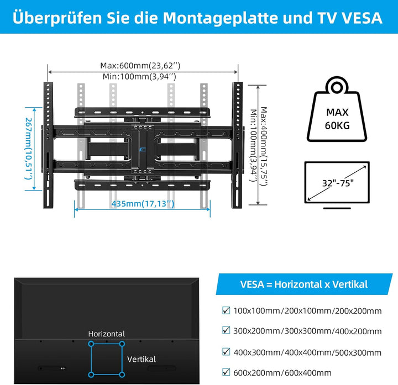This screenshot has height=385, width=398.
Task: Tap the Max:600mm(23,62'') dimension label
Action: click(x=140, y=66)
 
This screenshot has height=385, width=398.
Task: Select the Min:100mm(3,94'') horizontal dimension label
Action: click(x=139, y=76)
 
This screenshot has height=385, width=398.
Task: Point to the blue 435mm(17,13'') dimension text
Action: click(x=143, y=204)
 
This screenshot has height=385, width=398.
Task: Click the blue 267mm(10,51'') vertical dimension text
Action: click(x=29, y=149)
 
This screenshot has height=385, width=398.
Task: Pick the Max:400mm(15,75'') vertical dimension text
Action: click(x=264, y=146)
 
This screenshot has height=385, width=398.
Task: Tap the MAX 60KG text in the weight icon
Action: click(x=337, y=119)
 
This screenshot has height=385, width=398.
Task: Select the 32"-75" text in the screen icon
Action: click(x=338, y=183)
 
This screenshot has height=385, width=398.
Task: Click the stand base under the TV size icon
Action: click(x=337, y=208)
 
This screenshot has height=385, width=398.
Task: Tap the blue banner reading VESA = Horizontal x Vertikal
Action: click(x=304, y=284)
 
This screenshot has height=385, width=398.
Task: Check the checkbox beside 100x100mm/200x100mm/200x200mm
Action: click(x=226, y=310)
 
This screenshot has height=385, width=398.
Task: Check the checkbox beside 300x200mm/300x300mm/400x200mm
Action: click(x=226, y=330)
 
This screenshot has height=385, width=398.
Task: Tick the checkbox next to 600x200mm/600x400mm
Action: click(x=226, y=372)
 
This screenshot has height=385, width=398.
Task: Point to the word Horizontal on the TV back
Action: click(x=107, y=334)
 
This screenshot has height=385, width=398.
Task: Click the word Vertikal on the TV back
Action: click(x=142, y=359)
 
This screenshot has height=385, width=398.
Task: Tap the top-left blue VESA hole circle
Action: click(x=91, y=344)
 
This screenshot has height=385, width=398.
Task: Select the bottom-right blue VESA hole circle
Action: click(x=122, y=375)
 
